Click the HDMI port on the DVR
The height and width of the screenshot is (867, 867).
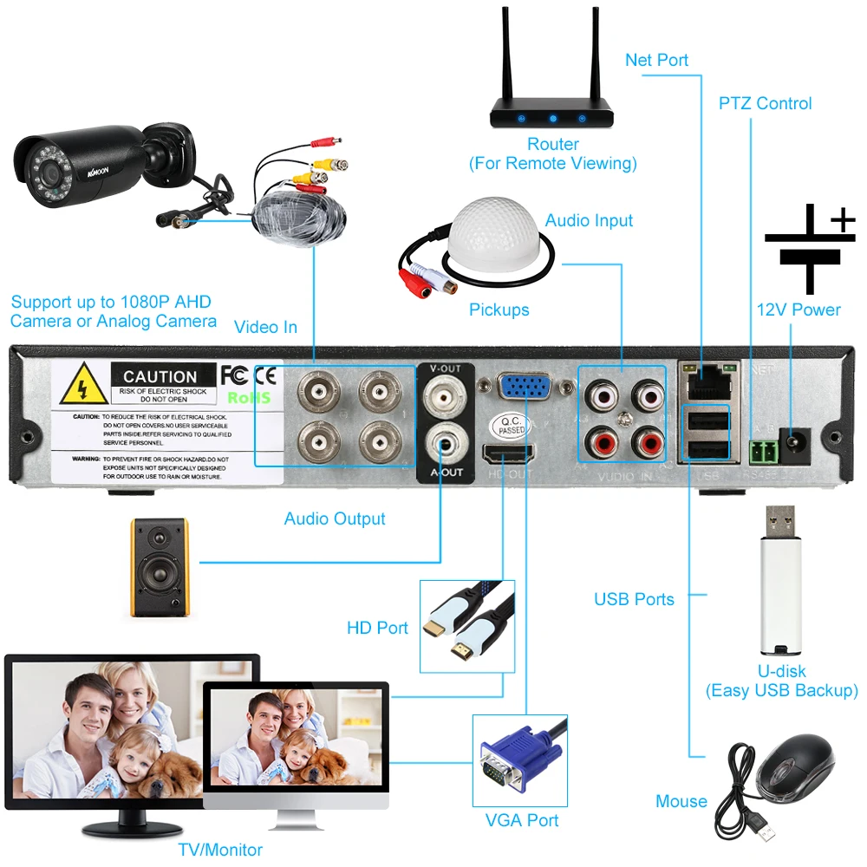click(x=509, y=453)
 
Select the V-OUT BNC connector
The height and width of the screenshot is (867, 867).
click(x=445, y=398)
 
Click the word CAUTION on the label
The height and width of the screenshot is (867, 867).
click(x=160, y=377)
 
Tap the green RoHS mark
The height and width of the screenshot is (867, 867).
click(x=249, y=397)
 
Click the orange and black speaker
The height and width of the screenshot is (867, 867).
click(x=159, y=567)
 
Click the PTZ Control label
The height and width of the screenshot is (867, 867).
click(x=765, y=103)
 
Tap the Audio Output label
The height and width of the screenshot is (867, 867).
click(x=335, y=518)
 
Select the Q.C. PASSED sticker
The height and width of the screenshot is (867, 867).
click(x=510, y=426)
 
